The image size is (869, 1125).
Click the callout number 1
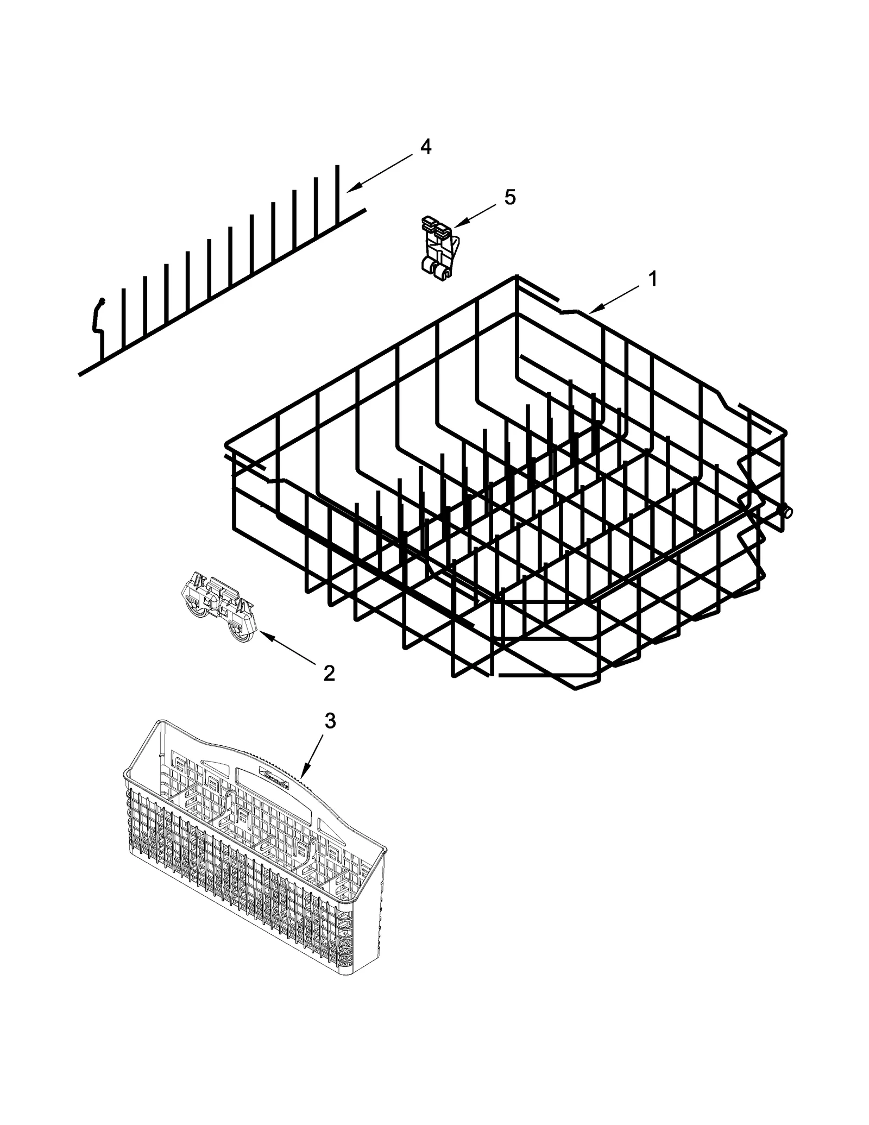point(653,279)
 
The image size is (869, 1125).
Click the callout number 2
point(329,674)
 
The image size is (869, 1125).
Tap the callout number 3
point(330,721)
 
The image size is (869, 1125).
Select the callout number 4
point(426,147)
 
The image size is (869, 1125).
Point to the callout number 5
point(509,197)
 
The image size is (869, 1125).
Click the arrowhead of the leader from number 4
point(349,190)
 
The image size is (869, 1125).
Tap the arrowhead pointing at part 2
point(261,632)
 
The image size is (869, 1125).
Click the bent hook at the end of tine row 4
point(98,315)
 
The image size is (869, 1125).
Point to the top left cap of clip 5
point(428,222)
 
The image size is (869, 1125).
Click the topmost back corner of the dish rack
point(514,278)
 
